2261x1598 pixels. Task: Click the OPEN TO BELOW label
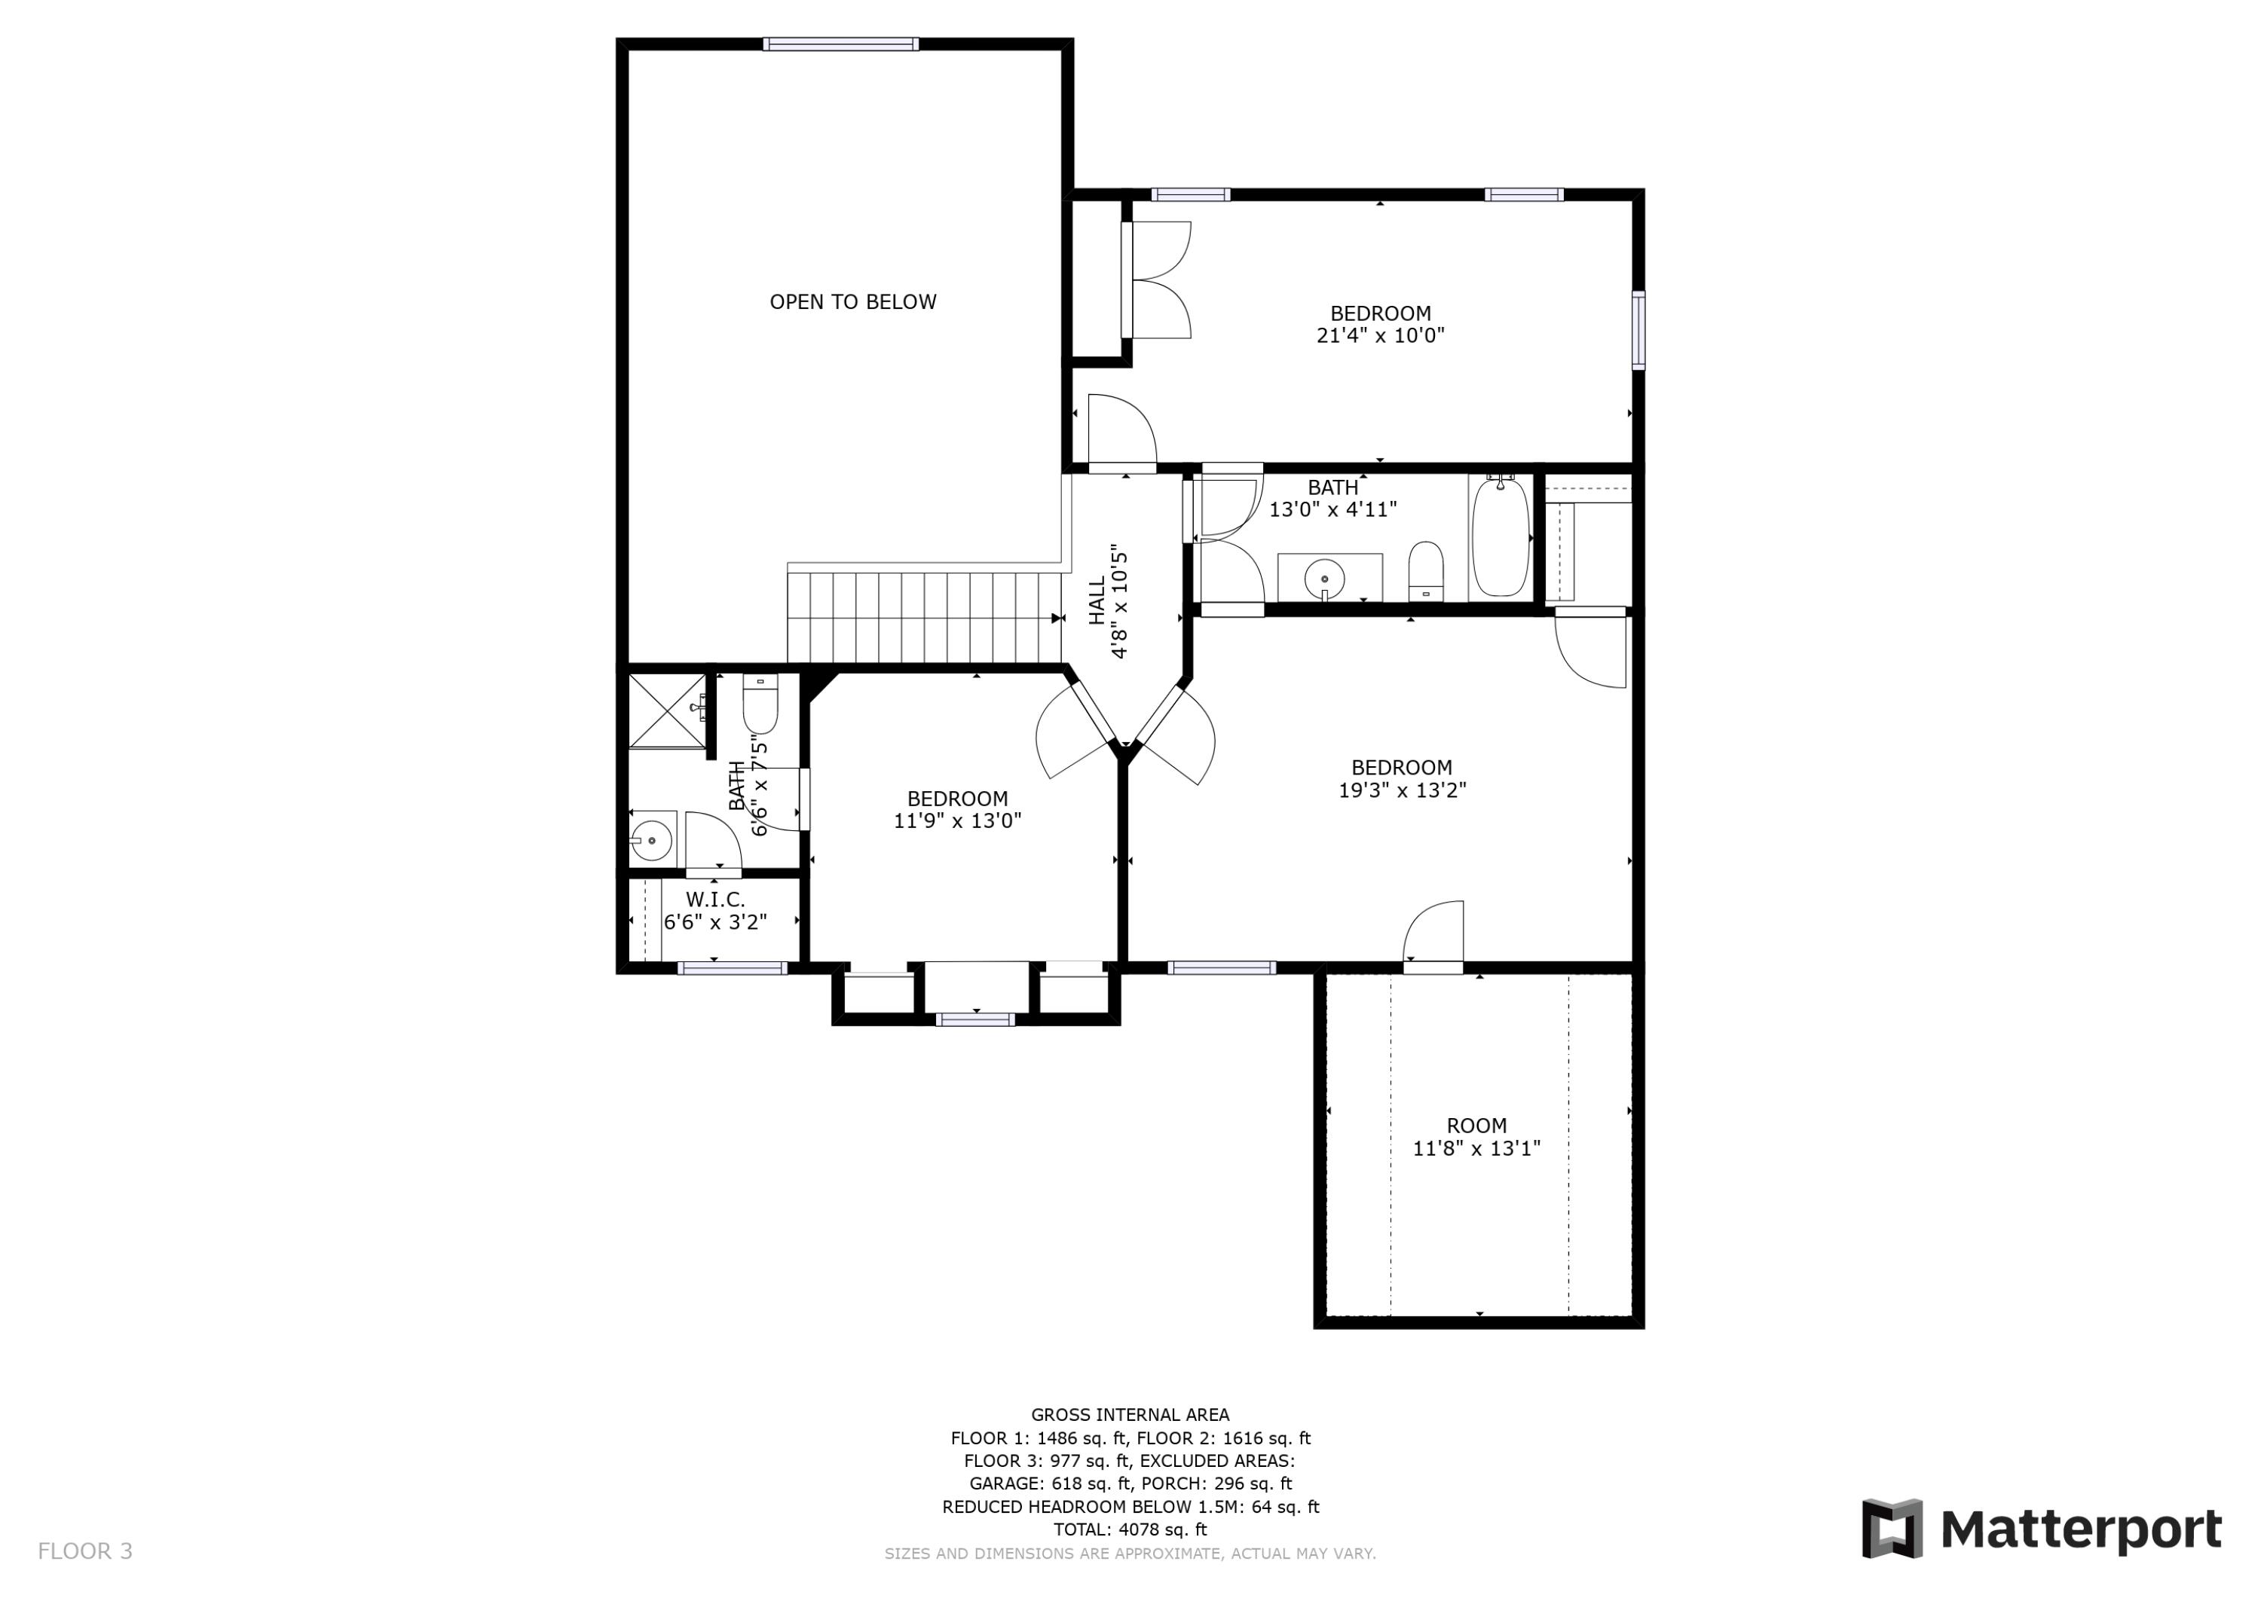[x=853, y=302]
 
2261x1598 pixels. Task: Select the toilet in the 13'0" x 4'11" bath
[x=1425, y=570]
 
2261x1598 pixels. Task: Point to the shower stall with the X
[x=667, y=711]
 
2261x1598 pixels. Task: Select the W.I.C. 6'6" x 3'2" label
[x=715, y=911]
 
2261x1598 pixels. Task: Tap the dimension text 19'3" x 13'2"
[x=1401, y=790]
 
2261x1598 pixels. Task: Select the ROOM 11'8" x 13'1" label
[x=1476, y=1136]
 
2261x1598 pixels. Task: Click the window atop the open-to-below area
[x=841, y=44]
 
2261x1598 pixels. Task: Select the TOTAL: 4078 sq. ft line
[x=1130, y=1529]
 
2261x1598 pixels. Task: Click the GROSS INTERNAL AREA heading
[x=1130, y=1415]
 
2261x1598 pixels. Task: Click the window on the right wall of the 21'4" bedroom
[x=1638, y=330]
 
